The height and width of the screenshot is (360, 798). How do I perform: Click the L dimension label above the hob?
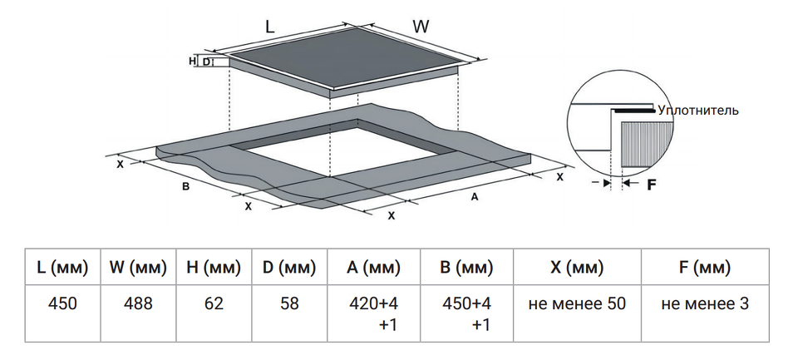click(x=269, y=26)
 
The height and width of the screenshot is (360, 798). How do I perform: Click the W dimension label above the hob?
click(x=421, y=26)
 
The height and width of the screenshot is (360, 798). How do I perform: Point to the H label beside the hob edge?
click(x=193, y=62)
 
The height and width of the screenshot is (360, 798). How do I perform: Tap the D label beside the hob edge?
click(x=206, y=62)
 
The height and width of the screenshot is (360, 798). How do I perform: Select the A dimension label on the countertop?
click(x=475, y=197)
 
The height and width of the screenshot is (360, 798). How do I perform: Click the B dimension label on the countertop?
click(x=186, y=186)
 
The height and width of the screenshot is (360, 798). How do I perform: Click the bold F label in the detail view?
click(x=653, y=184)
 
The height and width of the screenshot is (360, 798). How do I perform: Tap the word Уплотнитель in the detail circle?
click(x=697, y=110)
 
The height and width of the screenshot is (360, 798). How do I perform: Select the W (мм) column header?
click(x=138, y=268)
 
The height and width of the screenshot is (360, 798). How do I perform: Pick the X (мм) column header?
click(x=577, y=268)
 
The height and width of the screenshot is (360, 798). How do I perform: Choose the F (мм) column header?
click(x=705, y=268)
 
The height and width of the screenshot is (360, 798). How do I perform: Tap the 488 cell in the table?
click(x=138, y=303)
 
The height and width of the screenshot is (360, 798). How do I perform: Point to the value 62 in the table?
click(x=214, y=303)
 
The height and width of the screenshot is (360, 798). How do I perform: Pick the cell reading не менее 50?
click(x=577, y=303)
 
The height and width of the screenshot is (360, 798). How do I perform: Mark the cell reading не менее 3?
click(x=705, y=303)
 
